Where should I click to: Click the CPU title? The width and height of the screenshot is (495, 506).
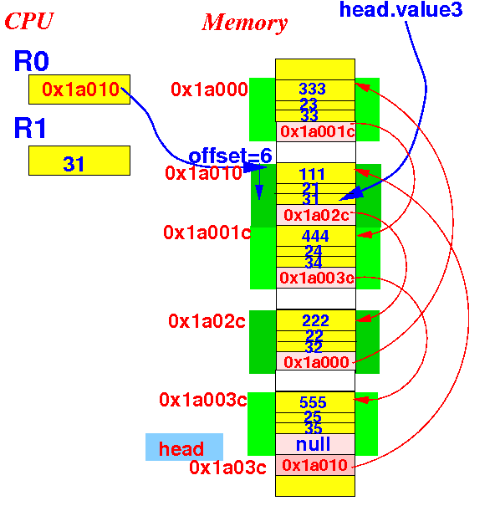[29, 21]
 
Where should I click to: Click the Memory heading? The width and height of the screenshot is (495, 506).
[244, 23]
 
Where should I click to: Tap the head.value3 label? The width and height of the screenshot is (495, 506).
[401, 10]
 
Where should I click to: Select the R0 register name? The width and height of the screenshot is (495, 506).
[31, 61]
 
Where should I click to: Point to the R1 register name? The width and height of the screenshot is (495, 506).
[30, 128]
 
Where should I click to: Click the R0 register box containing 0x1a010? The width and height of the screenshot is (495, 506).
[79, 89]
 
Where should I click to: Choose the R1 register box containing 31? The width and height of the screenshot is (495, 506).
[79, 161]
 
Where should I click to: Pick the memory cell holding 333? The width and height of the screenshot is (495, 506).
[315, 90]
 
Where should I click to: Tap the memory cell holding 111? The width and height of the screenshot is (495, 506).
[316, 173]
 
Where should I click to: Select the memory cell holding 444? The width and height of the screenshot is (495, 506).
[316, 236]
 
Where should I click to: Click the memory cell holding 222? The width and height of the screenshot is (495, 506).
[316, 320]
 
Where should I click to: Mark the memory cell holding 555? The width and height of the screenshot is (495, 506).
[315, 402]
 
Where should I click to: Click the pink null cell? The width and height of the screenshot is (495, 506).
[315, 444]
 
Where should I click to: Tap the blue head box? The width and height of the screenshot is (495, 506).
[184, 447]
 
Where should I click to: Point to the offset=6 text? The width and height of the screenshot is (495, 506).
[231, 156]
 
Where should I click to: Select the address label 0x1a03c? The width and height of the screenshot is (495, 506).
[227, 468]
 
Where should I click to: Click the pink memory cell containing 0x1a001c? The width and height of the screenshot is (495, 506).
[316, 131]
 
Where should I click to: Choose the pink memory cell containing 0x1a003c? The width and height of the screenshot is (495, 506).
[316, 278]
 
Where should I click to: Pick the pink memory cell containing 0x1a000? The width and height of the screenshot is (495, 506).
[316, 362]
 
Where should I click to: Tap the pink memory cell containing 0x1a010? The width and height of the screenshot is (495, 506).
[315, 465]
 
